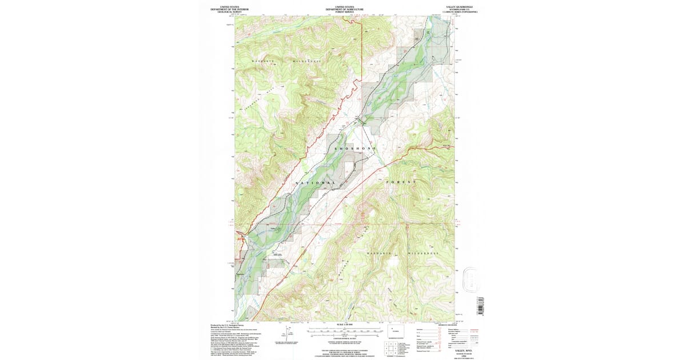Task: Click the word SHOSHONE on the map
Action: point(353,149)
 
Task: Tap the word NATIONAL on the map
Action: point(316,183)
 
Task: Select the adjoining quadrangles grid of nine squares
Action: point(390,350)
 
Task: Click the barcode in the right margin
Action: point(480,306)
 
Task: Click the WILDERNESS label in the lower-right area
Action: point(424,253)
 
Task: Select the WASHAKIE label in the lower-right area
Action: point(379,253)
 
